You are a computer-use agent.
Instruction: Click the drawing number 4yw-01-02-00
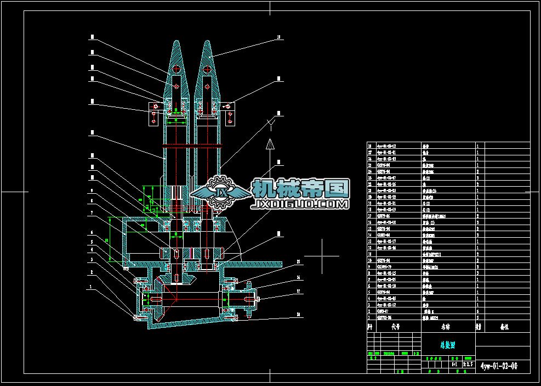click(x=498, y=366)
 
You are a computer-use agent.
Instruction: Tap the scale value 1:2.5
click(x=468, y=363)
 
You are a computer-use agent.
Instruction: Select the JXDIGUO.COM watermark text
click(x=300, y=204)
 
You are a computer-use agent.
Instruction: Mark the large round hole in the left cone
click(x=176, y=69)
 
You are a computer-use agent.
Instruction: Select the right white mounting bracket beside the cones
click(x=228, y=112)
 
